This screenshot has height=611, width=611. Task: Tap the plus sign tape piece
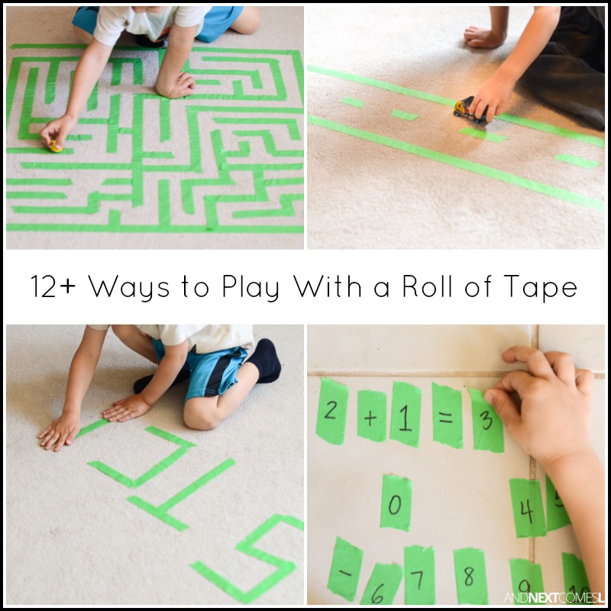(371, 417)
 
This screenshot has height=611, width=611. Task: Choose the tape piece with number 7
(419, 574)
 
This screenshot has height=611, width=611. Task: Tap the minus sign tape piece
(344, 568)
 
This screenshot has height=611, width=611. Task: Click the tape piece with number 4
(526, 508)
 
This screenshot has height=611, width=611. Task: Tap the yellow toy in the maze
(56, 145)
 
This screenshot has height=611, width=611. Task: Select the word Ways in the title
(124, 287)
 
